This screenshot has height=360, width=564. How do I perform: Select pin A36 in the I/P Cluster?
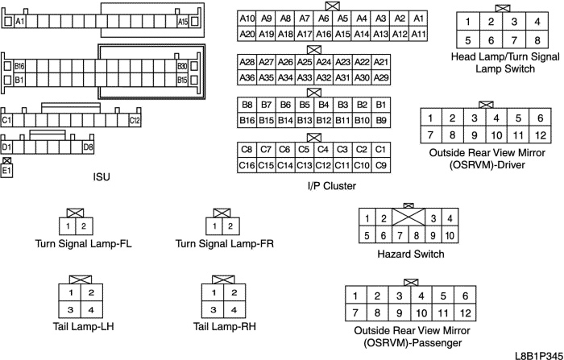(x=247, y=77)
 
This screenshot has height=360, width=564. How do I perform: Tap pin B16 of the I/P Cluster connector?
(x=247, y=120)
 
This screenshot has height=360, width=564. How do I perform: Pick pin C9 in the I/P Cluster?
(x=381, y=164)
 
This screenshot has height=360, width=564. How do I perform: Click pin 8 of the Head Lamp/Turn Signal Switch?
(x=536, y=40)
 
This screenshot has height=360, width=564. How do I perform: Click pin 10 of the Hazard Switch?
(x=450, y=235)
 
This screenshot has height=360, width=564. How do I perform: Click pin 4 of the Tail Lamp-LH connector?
(x=91, y=310)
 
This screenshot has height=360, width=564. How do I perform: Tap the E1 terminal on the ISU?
(x=7, y=171)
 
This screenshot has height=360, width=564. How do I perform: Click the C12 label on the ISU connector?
(x=135, y=120)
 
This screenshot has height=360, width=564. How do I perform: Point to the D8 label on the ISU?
(x=87, y=147)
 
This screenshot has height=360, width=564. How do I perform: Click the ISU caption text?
(x=102, y=175)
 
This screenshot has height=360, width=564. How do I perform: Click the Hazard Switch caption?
(x=409, y=254)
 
